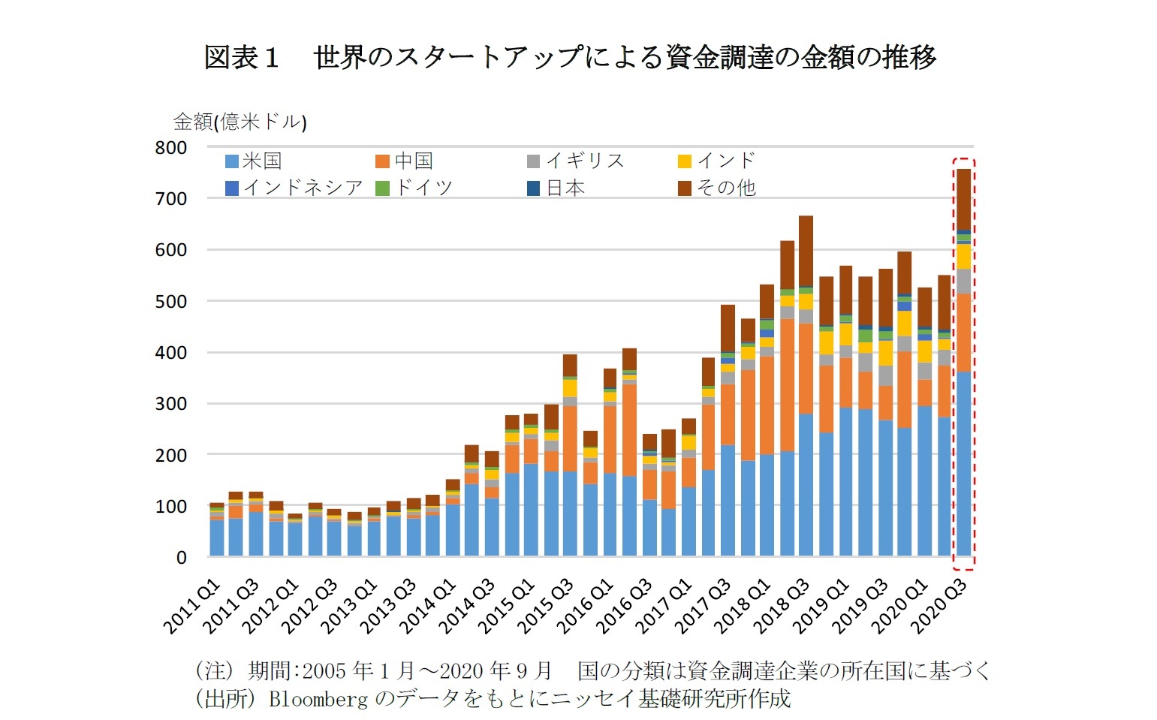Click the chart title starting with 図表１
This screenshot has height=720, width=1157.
570,58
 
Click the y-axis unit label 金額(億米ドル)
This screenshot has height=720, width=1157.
240,122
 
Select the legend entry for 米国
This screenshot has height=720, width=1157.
254,161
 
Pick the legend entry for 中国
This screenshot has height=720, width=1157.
405,161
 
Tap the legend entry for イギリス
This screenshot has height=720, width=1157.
576,161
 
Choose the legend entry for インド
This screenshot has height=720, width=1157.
717,161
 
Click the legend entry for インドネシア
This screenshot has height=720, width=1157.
294,188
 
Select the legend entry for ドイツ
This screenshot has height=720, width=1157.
415,188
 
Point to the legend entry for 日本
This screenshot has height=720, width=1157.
556,188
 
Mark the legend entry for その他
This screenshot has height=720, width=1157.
717,188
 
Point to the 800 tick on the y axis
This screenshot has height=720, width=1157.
171,148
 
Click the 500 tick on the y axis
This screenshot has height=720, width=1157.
171,302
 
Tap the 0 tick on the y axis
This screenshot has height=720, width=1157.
181,558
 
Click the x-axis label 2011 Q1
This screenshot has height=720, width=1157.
192,607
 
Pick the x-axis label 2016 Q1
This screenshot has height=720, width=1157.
586,607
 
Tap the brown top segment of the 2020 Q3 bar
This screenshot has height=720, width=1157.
963,199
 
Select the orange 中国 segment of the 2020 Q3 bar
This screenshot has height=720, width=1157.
963,332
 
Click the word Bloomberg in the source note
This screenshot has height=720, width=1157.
318,699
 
